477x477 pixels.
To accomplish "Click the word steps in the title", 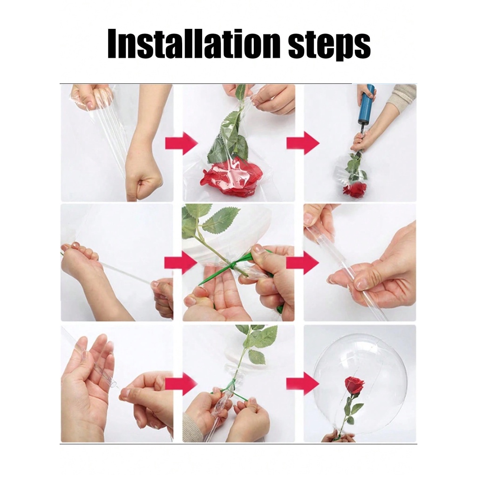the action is [329, 46].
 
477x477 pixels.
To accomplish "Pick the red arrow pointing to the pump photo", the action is [303, 143].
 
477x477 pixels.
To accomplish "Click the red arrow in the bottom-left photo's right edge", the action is [182, 383].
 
